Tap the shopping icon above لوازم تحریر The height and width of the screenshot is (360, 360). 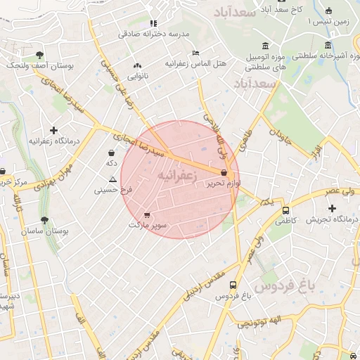(224, 172)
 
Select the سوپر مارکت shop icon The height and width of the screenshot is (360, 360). (146, 215)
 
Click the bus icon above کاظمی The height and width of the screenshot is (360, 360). (285, 210)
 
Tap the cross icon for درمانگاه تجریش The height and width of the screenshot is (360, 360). (333, 208)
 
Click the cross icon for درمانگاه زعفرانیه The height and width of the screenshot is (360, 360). (53, 130)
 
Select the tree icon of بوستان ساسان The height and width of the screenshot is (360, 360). (44, 220)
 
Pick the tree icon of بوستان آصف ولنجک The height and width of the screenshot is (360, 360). (39, 54)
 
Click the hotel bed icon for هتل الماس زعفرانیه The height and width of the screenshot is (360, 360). (195, 53)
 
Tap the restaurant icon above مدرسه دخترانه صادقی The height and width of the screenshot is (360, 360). (153, 23)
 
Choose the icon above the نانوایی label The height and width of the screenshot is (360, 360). (137, 65)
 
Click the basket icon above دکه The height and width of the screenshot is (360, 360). (111, 153)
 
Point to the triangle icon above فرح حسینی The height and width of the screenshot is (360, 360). (112, 180)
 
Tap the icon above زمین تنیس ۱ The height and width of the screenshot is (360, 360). (328, 11)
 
